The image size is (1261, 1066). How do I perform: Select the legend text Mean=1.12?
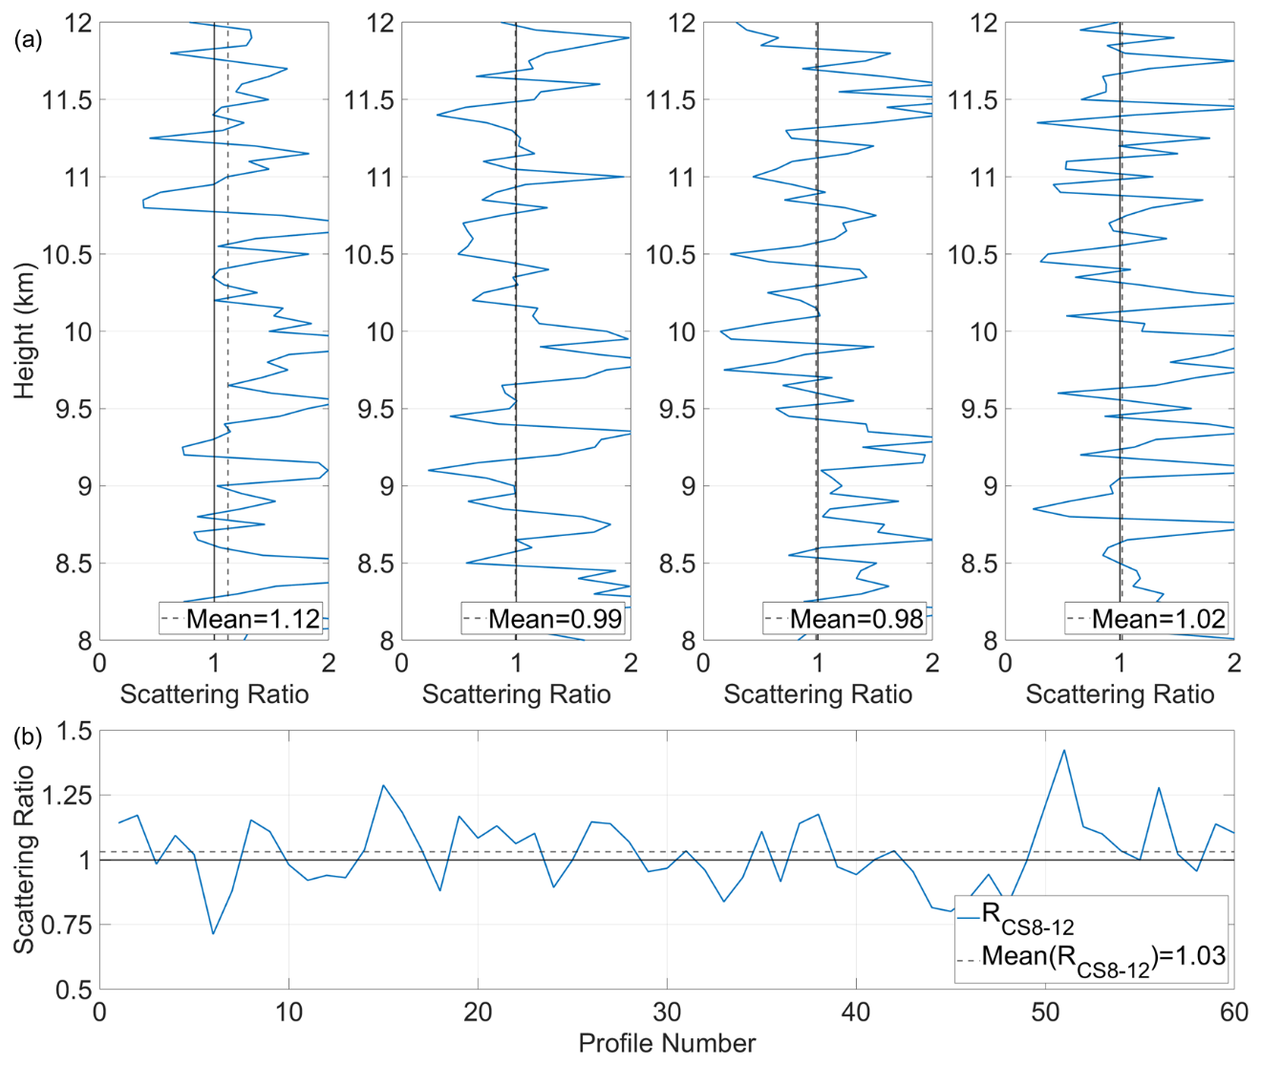tap(253, 619)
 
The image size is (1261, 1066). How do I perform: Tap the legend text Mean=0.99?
tap(555, 619)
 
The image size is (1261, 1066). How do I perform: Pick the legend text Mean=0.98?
tap(857, 619)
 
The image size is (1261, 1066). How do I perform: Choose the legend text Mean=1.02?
tap(1159, 619)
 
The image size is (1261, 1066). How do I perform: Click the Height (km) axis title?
tap(25, 331)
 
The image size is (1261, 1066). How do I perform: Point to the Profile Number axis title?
tap(667, 1043)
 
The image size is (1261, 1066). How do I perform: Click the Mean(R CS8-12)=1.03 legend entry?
tap(1103, 957)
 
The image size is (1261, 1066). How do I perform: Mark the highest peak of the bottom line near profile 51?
tap(1063, 751)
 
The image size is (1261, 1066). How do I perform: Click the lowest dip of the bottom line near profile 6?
tap(213, 933)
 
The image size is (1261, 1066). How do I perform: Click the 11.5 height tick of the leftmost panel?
tap(68, 100)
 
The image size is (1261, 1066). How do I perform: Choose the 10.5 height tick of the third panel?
tap(672, 255)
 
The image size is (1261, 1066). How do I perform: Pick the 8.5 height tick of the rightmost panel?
tap(979, 564)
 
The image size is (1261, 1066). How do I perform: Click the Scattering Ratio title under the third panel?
tap(818, 694)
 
